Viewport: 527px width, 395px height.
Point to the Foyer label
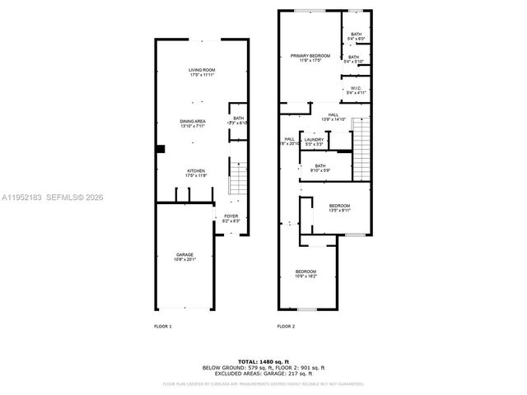click(231, 219)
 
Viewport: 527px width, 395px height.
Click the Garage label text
click(184, 257)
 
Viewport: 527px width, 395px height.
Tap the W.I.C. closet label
click(355, 89)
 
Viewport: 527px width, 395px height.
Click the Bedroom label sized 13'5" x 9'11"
click(339, 207)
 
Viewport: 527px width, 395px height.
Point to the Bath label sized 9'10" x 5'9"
click(320, 168)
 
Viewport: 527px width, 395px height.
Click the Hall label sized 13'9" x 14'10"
click(333, 118)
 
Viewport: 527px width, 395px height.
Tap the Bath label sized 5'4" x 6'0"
click(356, 36)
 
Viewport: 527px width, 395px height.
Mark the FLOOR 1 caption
click(163, 327)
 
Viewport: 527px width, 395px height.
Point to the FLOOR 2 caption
click(286, 327)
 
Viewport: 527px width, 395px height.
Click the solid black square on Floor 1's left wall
click(161, 149)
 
